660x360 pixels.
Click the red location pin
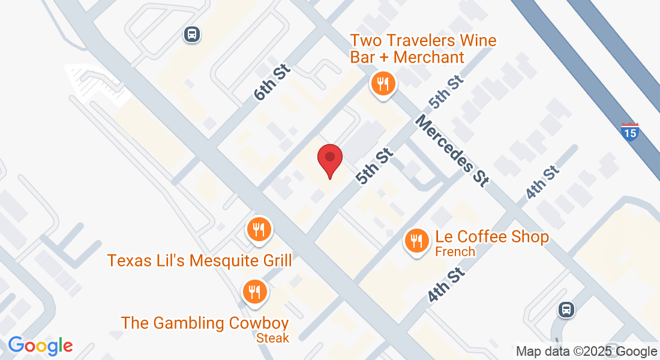(x=329, y=160)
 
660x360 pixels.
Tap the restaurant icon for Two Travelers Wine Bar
(x=382, y=83)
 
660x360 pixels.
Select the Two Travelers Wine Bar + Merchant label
(x=423, y=49)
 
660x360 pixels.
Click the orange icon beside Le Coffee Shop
(x=416, y=241)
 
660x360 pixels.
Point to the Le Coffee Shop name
(x=492, y=237)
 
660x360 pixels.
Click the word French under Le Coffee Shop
(x=455, y=251)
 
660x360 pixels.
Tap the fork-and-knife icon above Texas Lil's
(x=259, y=229)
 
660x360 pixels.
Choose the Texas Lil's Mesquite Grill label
(x=200, y=260)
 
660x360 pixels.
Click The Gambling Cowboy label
(x=205, y=323)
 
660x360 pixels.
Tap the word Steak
(x=272, y=338)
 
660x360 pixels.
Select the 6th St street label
(x=271, y=83)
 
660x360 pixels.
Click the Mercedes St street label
(x=451, y=151)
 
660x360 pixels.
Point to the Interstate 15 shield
(x=630, y=132)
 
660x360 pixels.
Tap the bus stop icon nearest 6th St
(x=191, y=34)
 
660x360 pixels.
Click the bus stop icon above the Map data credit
(x=565, y=310)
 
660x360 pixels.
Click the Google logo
(x=40, y=346)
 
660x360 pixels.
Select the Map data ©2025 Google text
(x=587, y=352)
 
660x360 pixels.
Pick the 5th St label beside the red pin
(x=374, y=166)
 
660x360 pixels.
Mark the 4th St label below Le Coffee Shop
(x=447, y=286)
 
